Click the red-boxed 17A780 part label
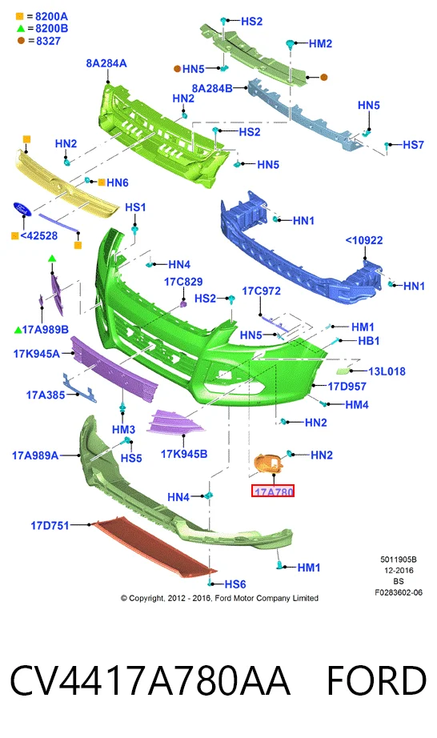[x=273, y=491]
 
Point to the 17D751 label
[x=50, y=525]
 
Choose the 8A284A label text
[x=106, y=63]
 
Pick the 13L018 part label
[x=387, y=371]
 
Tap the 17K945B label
[x=184, y=454]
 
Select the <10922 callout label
[x=364, y=240]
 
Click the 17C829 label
[x=183, y=282]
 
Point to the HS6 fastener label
[x=235, y=584]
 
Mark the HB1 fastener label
[x=369, y=340]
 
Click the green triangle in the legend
[x=20, y=29]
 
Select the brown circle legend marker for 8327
[x=21, y=41]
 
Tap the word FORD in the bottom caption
[x=376, y=680]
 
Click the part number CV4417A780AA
[x=150, y=680]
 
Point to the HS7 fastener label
[x=414, y=145]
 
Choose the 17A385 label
[x=45, y=395]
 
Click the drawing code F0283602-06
[x=399, y=592]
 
